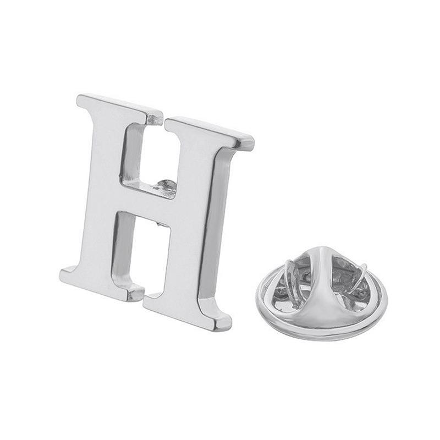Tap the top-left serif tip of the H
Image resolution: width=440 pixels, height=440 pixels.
point(79,99)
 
